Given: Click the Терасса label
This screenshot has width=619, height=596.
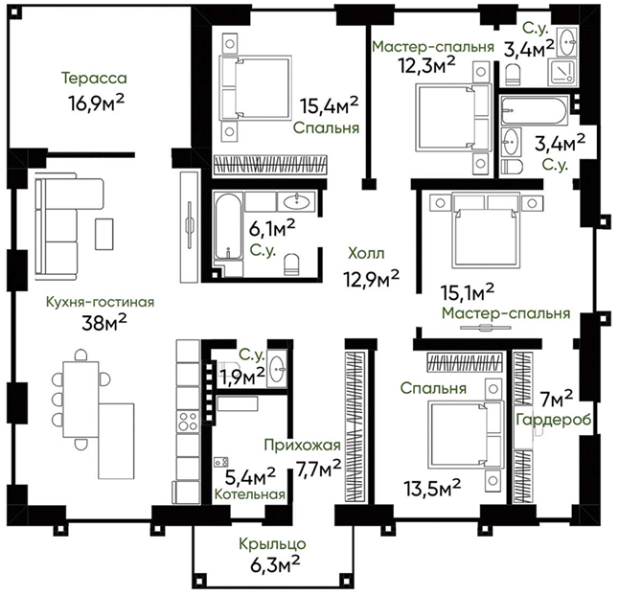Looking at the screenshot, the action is (94, 78).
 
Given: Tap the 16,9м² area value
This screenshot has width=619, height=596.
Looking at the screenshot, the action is (96, 103).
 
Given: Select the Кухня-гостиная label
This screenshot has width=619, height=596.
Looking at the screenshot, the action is (101, 302).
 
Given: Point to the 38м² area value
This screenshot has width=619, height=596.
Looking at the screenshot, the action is (104, 323).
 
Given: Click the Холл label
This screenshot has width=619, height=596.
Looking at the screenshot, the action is (366, 253).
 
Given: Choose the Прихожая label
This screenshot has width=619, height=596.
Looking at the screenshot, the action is (302, 445).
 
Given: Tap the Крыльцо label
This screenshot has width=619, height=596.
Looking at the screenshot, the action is (272, 544).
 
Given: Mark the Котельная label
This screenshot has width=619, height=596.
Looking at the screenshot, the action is (249, 494).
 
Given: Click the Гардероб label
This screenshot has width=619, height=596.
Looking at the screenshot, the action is (554, 420).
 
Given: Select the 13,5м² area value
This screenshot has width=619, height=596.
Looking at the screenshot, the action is (432, 489).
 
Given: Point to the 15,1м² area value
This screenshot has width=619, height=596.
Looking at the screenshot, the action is (468, 292).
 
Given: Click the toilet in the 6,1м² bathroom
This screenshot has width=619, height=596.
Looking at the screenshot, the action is (291, 264).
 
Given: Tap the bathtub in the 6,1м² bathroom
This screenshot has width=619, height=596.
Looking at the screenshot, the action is (228, 226).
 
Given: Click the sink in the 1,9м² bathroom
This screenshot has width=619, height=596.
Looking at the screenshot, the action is (277, 369).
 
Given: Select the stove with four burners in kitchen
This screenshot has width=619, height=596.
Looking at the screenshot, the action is (188, 422).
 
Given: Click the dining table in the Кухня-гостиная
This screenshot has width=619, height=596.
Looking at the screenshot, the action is (80, 399).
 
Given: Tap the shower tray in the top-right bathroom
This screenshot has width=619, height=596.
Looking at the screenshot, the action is (562, 72).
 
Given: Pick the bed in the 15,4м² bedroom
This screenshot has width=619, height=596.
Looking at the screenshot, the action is (256, 87).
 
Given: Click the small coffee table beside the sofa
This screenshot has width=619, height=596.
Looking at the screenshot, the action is (104, 234).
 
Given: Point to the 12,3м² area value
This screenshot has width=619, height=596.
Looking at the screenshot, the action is (426, 65).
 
